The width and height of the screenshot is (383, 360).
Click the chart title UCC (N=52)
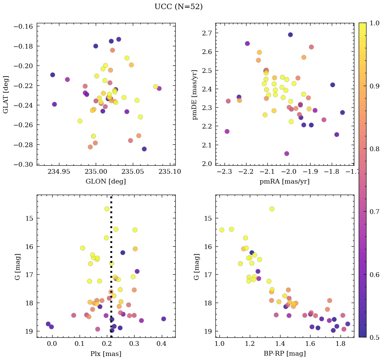click(x=178, y=7)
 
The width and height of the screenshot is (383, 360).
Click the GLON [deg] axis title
click(x=106, y=182)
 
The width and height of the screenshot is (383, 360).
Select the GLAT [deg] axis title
click(x=6, y=94)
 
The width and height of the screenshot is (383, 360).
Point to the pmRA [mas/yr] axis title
click(x=285, y=182)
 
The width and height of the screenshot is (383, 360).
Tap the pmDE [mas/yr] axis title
click(x=195, y=94)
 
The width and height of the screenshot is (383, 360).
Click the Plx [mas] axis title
click(x=106, y=354)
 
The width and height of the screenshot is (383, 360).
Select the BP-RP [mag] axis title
click(x=285, y=354)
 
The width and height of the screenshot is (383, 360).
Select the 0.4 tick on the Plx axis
click(x=162, y=344)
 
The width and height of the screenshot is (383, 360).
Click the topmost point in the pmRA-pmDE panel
click(x=290, y=35)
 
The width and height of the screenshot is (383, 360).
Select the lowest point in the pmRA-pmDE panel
click(x=287, y=154)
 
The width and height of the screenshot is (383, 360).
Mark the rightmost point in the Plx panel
click(x=164, y=319)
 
